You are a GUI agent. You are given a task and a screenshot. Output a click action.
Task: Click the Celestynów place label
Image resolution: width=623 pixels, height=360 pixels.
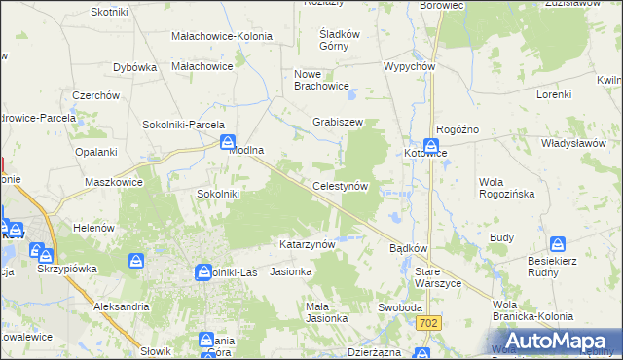pyautogui.click(x=339, y=185)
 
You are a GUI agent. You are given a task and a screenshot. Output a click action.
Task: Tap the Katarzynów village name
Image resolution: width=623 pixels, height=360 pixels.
pyautogui.click(x=308, y=244)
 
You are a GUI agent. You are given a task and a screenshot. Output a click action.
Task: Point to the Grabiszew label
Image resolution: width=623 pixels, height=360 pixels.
pyautogui.click(x=338, y=123)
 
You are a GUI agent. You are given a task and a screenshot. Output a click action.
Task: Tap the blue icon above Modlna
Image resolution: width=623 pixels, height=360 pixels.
pyautogui.click(x=226, y=141)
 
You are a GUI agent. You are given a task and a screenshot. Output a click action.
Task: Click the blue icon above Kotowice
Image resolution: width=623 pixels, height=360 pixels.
pyautogui.click(x=429, y=141)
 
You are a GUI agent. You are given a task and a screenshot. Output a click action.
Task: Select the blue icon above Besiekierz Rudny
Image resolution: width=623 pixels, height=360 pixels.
pyautogui.click(x=558, y=243)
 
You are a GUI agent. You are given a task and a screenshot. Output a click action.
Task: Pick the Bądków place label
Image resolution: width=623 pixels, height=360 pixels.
pyautogui.click(x=409, y=249)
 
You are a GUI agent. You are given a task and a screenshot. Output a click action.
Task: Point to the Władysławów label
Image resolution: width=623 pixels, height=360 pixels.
pyautogui.click(x=575, y=143)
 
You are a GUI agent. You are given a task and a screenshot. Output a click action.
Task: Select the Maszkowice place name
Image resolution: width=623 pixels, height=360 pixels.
pyautogui.click(x=114, y=182)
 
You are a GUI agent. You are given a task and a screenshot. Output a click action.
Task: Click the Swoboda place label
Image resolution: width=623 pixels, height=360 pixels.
pyautogui.click(x=399, y=307)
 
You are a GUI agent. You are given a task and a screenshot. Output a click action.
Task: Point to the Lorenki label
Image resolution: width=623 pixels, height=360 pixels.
pyautogui.click(x=554, y=95)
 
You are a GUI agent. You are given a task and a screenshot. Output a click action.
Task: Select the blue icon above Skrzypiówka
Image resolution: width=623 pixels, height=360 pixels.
pyautogui.click(x=42, y=251)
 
